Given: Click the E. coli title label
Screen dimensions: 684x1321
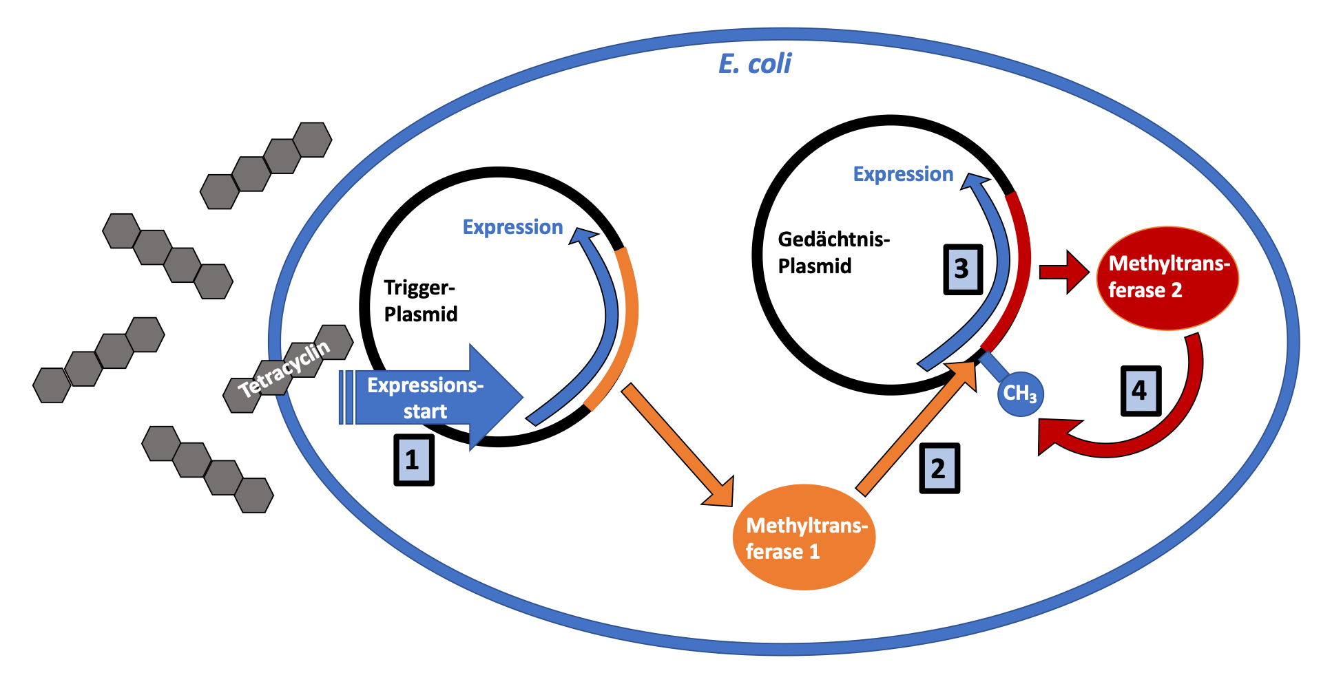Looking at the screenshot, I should (x=755, y=64).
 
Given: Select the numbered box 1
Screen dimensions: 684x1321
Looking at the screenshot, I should (x=413, y=460).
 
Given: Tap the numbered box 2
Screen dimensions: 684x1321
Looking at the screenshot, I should (x=939, y=469).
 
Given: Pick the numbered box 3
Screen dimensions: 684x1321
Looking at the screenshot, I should (x=962, y=269).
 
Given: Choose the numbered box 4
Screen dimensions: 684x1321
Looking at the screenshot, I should (x=1141, y=391).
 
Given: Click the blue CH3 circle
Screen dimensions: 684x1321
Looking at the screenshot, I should (x=1020, y=394).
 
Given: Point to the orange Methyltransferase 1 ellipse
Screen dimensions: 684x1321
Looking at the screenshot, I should (x=804, y=537).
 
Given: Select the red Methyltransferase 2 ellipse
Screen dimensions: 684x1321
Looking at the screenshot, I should (x=1167, y=277).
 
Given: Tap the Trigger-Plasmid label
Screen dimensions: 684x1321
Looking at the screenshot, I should (x=420, y=301).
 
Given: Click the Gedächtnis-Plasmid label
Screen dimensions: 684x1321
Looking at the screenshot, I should (x=833, y=253).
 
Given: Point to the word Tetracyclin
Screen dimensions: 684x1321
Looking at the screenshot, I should (x=284, y=369).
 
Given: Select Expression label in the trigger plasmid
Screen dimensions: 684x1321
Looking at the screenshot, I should (x=512, y=227).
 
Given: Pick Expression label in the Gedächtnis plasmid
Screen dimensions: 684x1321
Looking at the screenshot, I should (x=903, y=174).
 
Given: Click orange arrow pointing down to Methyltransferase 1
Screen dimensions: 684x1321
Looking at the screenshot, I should (x=678, y=446).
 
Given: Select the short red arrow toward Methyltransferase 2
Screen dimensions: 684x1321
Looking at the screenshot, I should (x=1063, y=272).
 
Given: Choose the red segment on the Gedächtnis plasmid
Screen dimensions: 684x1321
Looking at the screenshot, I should (x=1018, y=275).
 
